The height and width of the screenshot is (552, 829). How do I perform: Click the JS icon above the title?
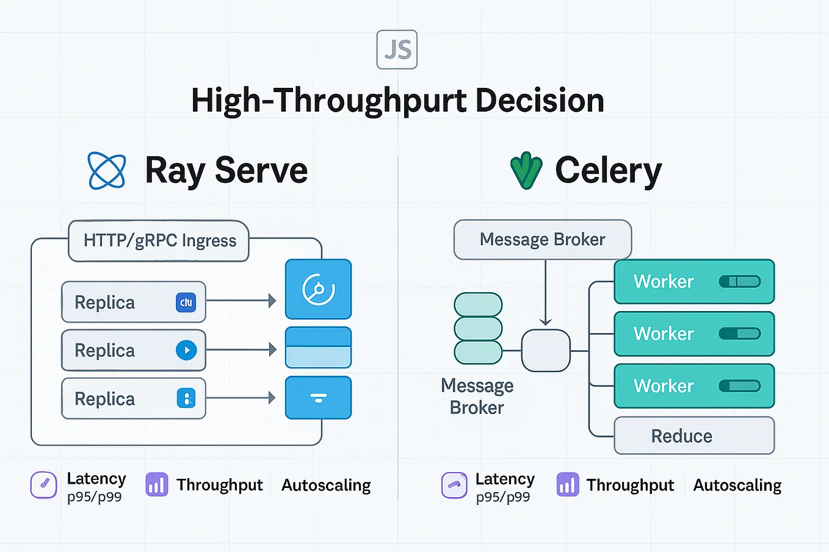click(397, 49)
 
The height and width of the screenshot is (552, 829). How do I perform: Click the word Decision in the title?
click(540, 101)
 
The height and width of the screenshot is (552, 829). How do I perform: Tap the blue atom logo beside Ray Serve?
click(107, 171)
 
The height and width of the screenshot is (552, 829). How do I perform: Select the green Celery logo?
click(526, 171)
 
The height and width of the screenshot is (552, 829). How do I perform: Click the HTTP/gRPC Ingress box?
click(159, 241)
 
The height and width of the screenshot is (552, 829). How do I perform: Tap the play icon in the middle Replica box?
click(186, 350)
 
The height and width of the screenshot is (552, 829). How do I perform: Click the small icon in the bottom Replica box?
click(186, 399)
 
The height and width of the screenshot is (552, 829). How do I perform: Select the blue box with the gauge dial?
click(318, 289)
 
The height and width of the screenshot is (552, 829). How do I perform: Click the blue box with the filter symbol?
click(318, 398)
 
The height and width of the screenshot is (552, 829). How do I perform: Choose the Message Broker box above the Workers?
click(542, 240)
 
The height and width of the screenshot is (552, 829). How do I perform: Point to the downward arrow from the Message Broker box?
click(545, 293)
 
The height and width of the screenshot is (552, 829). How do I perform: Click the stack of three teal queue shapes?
click(478, 328)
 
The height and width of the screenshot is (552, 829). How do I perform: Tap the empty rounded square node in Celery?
click(546, 351)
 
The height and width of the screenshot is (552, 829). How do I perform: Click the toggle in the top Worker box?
click(739, 281)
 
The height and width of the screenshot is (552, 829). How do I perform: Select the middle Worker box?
click(693, 334)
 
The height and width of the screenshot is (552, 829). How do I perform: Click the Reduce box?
click(693, 436)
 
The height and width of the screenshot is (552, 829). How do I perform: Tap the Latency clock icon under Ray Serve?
click(44, 485)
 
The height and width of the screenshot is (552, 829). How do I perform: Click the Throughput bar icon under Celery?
click(568, 485)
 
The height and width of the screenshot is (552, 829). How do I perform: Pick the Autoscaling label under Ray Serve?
click(326, 486)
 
